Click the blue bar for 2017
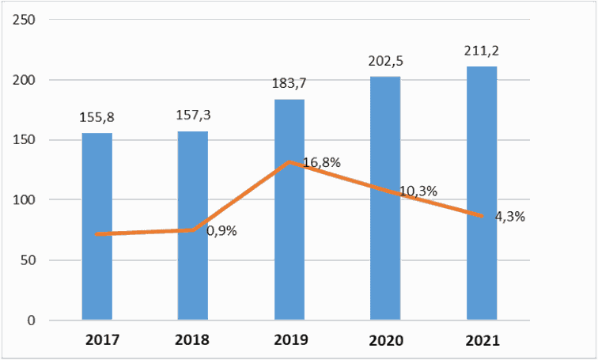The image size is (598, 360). pos(97,226)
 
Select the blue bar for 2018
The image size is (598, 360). pos(193,225)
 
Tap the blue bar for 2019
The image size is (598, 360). pos(290,210)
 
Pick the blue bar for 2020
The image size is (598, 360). pos(385,198)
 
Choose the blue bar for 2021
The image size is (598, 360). pos(482,193)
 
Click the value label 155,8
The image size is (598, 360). pos(97,117)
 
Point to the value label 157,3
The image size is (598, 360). pos(193,116)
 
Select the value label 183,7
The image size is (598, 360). pos(289,83)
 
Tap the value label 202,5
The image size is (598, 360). pos(385,61)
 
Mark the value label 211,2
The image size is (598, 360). pos(482,51)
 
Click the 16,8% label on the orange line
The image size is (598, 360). pos(321,163)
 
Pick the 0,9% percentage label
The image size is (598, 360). pos(222,231)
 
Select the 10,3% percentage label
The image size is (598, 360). pos(418,191)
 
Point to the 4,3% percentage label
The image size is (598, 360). pos(510,217)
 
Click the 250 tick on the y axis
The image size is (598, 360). pos(24,20)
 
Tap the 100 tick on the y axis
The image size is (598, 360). pos(24,200)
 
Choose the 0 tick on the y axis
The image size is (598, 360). pos(32,320)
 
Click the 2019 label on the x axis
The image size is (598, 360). pos(290,339)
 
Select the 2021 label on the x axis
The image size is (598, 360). pos(482,339)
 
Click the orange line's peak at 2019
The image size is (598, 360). pos(290,162)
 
